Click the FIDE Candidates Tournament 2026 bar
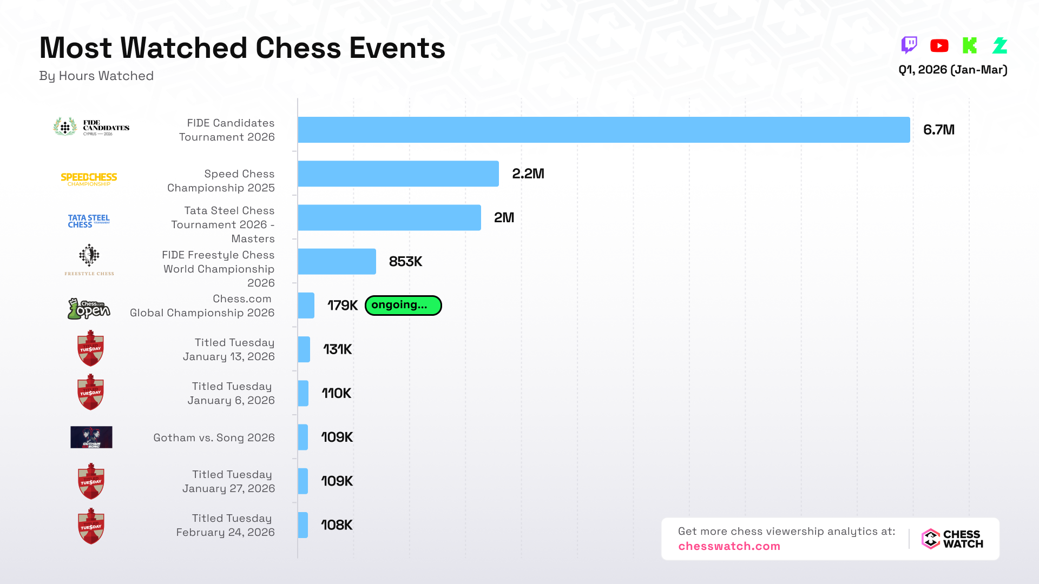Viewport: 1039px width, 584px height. (x=603, y=130)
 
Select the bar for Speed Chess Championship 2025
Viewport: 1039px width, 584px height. (x=398, y=174)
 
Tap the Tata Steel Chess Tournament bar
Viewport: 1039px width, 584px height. (x=389, y=217)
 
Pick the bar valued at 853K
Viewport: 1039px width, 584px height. (x=337, y=262)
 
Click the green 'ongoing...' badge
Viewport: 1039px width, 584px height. (x=403, y=306)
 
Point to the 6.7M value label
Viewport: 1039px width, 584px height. (x=938, y=130)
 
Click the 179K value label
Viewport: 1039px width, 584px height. (x=343, y=306)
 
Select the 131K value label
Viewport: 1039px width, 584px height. (x=338, y=349)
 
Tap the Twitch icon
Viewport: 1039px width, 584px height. (x=909, y=45)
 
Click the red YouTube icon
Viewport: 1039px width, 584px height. (x=939, y=46)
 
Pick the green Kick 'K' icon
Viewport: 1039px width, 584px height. (x=970, y=45)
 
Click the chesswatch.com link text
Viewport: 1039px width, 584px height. (x=729, y=546)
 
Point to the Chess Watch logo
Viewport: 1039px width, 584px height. (x=952, y=539)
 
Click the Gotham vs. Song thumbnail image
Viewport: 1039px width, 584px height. (x=91, y=437)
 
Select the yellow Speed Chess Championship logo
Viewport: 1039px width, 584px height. (x=89, y=180)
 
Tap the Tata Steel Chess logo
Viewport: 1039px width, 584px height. (x=89, y=221)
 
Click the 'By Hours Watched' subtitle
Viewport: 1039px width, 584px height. (x=96, y=76)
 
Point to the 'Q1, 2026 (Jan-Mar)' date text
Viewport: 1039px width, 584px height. (x=952, y=70)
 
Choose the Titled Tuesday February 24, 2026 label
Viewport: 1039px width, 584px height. (x=226, y=525)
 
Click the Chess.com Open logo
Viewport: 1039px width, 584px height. (x=89, y=309)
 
